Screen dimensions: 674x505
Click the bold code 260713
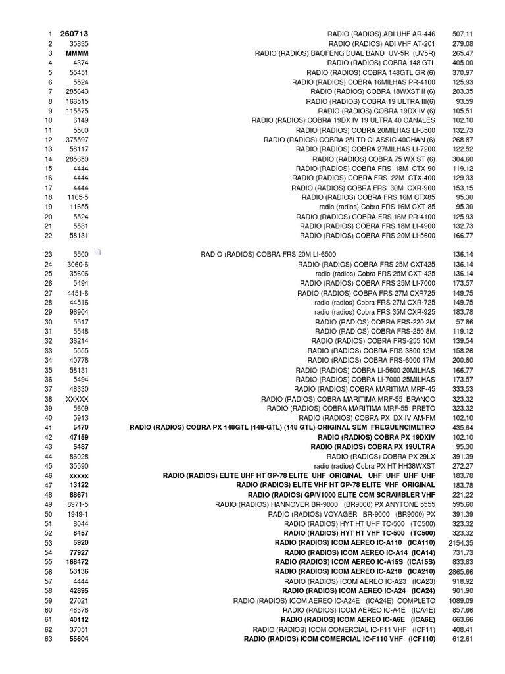coord(74,34)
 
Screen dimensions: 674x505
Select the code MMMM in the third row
coord(77,53)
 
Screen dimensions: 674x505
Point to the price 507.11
coord(463,34)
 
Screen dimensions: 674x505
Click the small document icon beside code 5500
coord(97,252)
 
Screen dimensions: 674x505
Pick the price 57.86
coord(465,322)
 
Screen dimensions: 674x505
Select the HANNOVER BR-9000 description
coord(325,504)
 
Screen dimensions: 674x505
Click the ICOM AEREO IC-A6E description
coord(358,620)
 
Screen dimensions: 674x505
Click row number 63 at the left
coord(48,639)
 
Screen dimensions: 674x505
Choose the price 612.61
coord(463,639)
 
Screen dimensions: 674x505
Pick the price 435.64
coord(463,427)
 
